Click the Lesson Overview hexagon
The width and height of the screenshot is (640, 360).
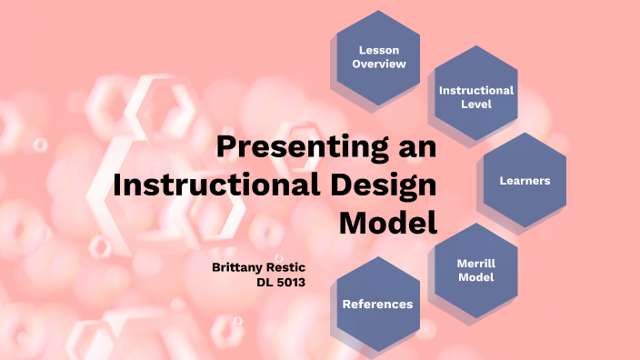[377, 56]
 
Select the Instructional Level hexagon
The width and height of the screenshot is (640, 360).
[475, 96]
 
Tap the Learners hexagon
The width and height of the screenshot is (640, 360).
[525, 180]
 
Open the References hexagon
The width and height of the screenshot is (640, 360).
[377, 304]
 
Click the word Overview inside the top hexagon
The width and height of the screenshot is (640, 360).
[378, 64]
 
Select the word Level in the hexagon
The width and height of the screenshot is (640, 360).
[475, 104]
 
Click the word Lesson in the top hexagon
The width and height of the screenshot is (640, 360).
[378, 49]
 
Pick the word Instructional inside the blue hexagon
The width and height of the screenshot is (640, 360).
[475, 90]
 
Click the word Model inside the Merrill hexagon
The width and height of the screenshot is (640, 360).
[475, 277]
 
